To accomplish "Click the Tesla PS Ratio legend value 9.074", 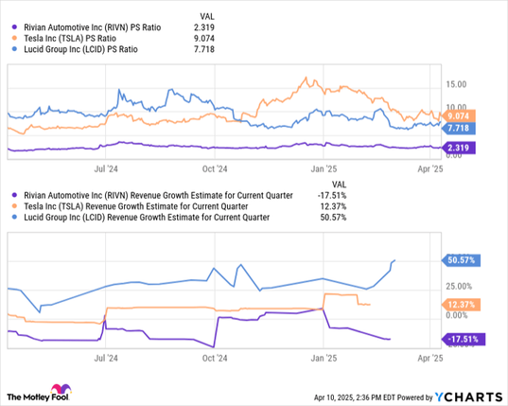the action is tap(204, 39).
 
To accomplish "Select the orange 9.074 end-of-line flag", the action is tap(459, 115).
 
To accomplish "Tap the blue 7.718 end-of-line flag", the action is tap(459, 129).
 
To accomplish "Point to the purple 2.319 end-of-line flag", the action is tap(459, 148).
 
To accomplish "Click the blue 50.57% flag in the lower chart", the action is tap(461, 260).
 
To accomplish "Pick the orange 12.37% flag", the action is tap(461, 305).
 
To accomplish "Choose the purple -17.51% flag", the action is tap(464, 339).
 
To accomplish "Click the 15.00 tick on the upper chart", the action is tap(456, 84).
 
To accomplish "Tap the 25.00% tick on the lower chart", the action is tap(459, 287).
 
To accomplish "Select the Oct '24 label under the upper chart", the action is tap(215, 169).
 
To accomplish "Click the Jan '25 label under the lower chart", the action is tap(324, 358).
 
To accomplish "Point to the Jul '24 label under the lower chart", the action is tap(106, 358).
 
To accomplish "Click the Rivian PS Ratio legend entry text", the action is tap(93, 27).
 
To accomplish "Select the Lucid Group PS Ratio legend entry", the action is tap(80, 49).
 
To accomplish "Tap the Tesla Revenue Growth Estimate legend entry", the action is tap(135, 206).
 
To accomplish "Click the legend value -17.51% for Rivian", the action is tap(332, 196).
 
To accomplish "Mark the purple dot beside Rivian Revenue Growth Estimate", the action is tap(14, 196).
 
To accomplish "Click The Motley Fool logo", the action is tap(39, 393).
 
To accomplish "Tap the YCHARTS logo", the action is tap(468, 397).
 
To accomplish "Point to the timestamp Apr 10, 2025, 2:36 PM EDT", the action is tap(355, 397).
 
